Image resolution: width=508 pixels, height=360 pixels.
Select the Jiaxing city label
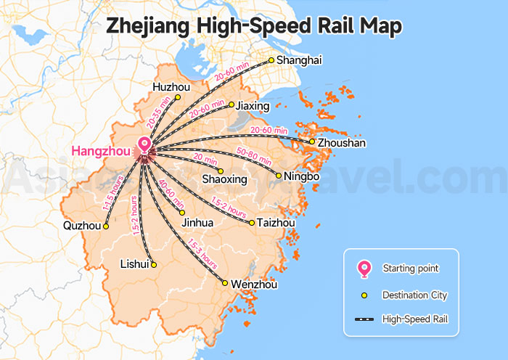(x=253, y=106)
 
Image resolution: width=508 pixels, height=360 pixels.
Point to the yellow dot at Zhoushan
(x=312, y=142)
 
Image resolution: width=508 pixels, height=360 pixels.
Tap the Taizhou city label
(x=276, y=223)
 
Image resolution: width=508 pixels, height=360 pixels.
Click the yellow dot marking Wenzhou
(x=226, y=283)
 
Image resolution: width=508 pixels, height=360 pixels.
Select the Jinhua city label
(x=197, y=223)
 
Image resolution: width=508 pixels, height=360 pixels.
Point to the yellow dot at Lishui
(x=153, y=264)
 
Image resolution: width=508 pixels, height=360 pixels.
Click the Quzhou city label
(x=82, y=226)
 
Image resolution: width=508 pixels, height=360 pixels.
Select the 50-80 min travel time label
(x=255, y=156)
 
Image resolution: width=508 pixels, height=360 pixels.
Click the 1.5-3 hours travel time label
(x=202, y=252)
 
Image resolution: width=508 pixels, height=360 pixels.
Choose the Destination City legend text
(x=414, y=295)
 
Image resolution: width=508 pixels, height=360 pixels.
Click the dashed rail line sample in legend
(x=364, y=319)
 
